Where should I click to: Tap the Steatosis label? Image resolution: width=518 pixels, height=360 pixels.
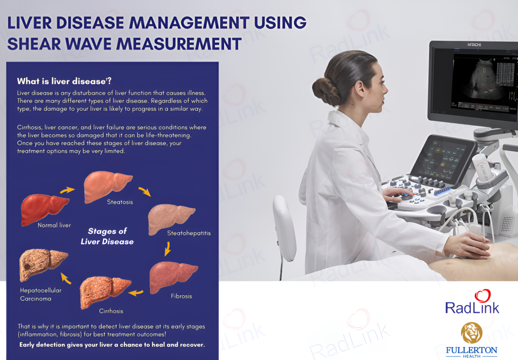coord(120,202)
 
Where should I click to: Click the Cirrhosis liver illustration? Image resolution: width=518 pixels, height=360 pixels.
coord(105,292)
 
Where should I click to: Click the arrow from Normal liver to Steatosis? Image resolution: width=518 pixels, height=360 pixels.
coord(67,190)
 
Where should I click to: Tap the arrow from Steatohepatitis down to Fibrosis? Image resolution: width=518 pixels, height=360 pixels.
coord(167,248)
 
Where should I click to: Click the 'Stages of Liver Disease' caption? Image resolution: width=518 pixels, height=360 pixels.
coord(107,236)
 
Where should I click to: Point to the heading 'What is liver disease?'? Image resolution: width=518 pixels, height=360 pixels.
coord(64,81)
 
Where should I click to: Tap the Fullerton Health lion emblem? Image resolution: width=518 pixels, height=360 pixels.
coord(471,332)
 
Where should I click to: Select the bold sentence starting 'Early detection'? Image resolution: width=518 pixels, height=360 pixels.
coord(112,345)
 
